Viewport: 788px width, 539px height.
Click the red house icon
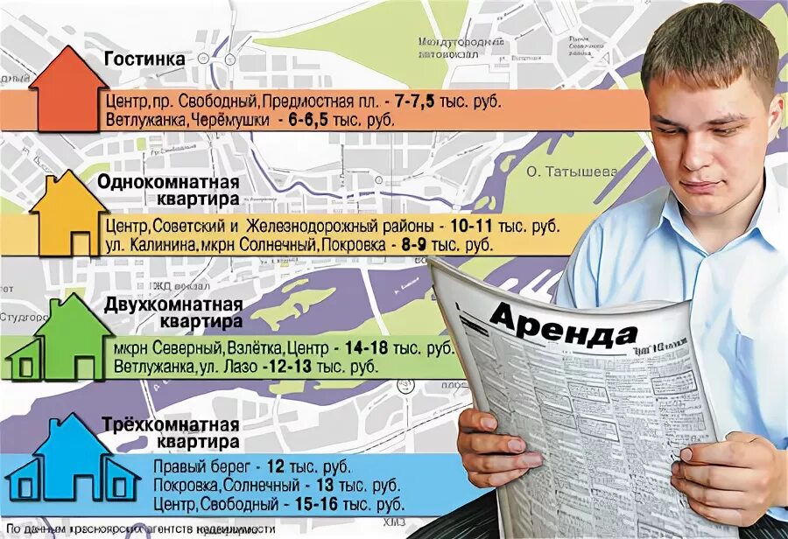(x=65, y=91)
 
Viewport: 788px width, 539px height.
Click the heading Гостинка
(x=144, y=59)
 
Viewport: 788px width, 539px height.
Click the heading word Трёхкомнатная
(x=173, y=424)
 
